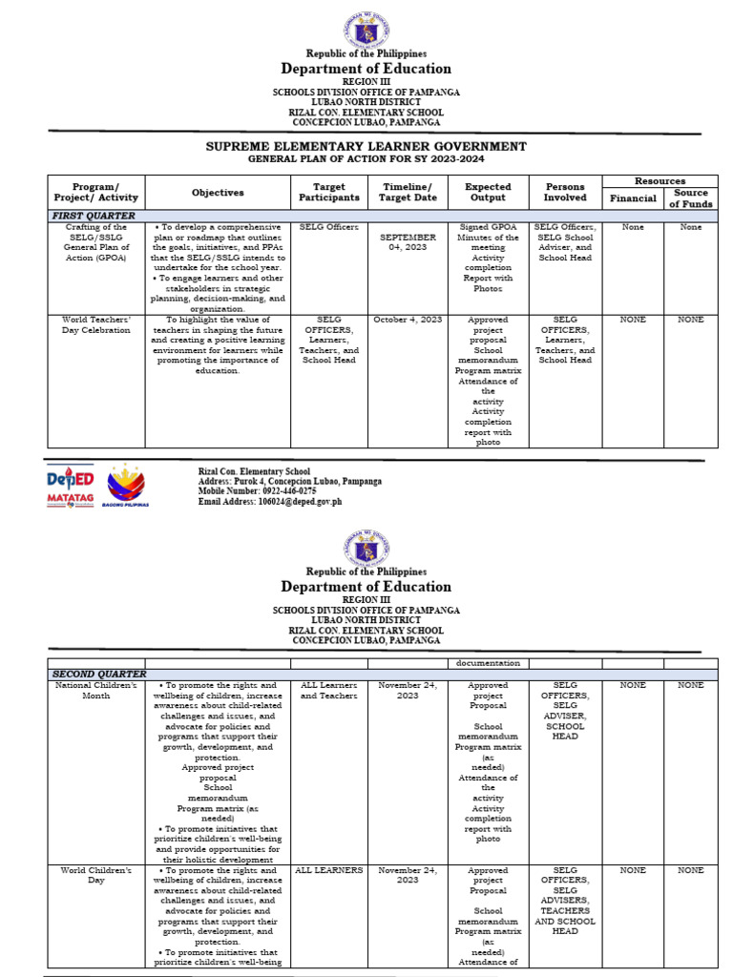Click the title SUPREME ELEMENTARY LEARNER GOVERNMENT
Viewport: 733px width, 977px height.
[x=366, y=146]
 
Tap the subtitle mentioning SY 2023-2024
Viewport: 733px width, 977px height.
[x=366, y=159]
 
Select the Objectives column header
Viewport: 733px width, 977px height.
[x=218, y=192]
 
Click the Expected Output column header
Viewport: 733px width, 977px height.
[x=488, y=192]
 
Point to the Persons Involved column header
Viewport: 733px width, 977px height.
[x=565, y=192]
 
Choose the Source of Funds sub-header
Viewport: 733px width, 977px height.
[x=691, y=197]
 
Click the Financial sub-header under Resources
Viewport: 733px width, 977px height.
[x=634, y=197]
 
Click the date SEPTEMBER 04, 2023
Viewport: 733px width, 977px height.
[x=408, y=242]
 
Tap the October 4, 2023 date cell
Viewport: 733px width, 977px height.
[x=408, y=320]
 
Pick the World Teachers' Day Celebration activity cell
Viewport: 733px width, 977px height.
[x=94, y=325]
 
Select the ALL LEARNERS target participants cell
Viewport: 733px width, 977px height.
[x=328, y=870]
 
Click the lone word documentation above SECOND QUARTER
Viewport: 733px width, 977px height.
[x=488, y=662]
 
